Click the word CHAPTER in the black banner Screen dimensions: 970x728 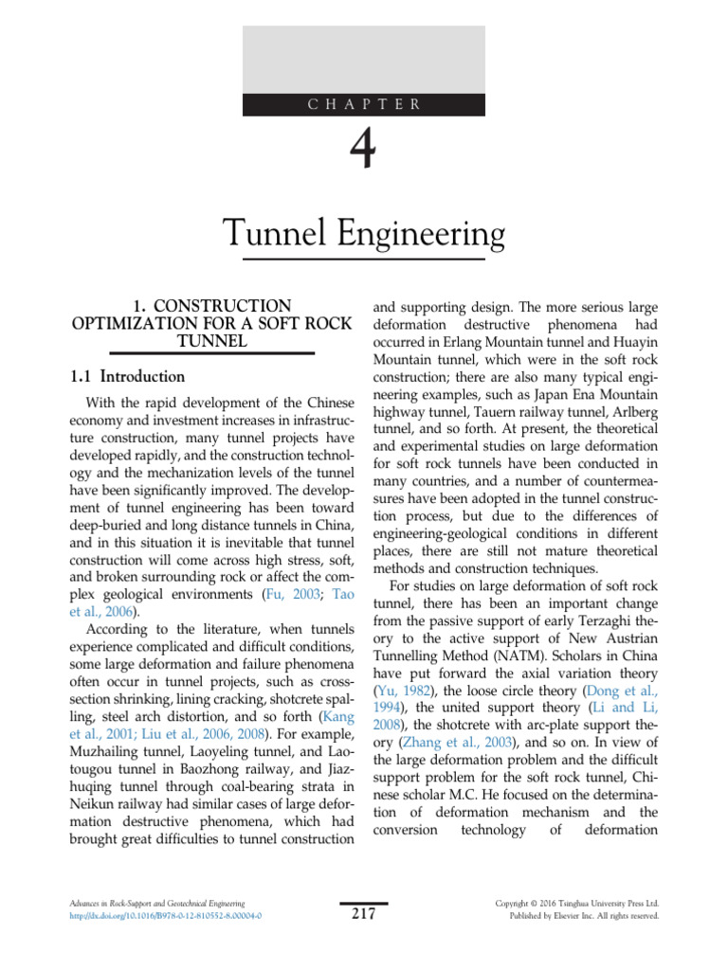[x=364, y=104]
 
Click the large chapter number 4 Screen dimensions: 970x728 [x=364, y=152]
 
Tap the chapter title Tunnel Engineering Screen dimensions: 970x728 [x=364, y=232]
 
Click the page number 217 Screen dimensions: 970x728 [x=364, y=914]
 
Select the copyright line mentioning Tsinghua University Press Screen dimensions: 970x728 [x=577, y=904]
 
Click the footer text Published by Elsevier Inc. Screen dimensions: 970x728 [x=577, y=917]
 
